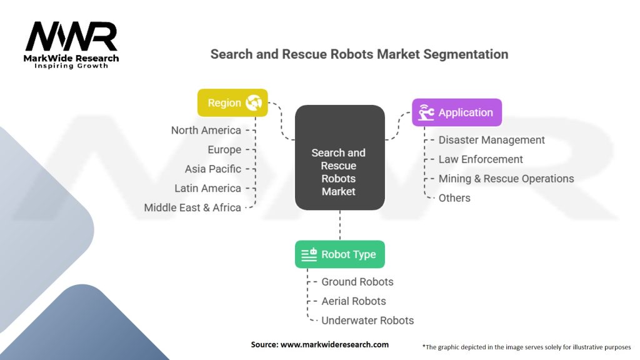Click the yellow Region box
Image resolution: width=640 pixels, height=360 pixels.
click(x=232, y=103)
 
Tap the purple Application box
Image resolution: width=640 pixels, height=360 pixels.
click(x=457, y=112)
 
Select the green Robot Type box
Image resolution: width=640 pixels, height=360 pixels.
click(x=339, y=254)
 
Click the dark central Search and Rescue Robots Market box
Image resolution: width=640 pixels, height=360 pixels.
click(x=339, y=157)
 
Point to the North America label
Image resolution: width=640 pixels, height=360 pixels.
click(x=206, y=130)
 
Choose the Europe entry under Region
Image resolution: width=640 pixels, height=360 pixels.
click(x=224, y=150)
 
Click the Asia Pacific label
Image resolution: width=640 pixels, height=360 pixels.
click(x=213, y=169)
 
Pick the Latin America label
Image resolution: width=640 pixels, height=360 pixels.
click(x=207, y=188)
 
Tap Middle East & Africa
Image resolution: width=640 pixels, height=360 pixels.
click(x=192, y=207)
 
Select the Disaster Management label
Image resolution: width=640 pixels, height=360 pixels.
click(x=491, y=140)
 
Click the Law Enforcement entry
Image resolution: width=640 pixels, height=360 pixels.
click(x=481, y=159)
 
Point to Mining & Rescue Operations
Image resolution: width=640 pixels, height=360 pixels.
click(x=506, y=179)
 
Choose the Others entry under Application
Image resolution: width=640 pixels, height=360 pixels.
click(x=454, y=198)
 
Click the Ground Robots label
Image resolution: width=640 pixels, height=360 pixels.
click(x=357, y=282)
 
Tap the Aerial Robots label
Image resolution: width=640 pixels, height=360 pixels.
click(x=354, y=301)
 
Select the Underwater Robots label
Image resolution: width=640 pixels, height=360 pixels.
click(x=367, y=321)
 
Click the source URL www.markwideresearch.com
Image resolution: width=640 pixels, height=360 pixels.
click(x=334, y=344)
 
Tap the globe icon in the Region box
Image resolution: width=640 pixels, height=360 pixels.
click(x=254, y=102)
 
